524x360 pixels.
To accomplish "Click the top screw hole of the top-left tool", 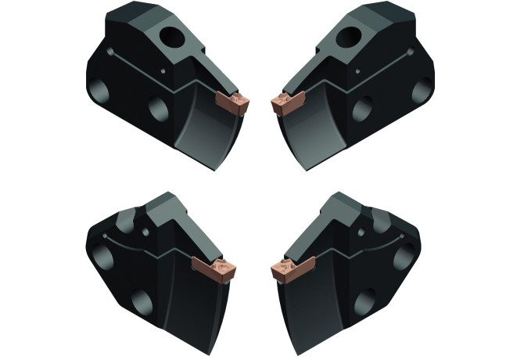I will [x=169, y=35].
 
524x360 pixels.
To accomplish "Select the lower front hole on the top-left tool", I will [x=159, y=109].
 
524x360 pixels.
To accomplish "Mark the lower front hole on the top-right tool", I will [x=361, y=109].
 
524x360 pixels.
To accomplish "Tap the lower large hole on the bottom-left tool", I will [x=141, y=301].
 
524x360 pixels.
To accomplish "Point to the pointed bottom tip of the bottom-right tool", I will [x=294, y=348].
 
